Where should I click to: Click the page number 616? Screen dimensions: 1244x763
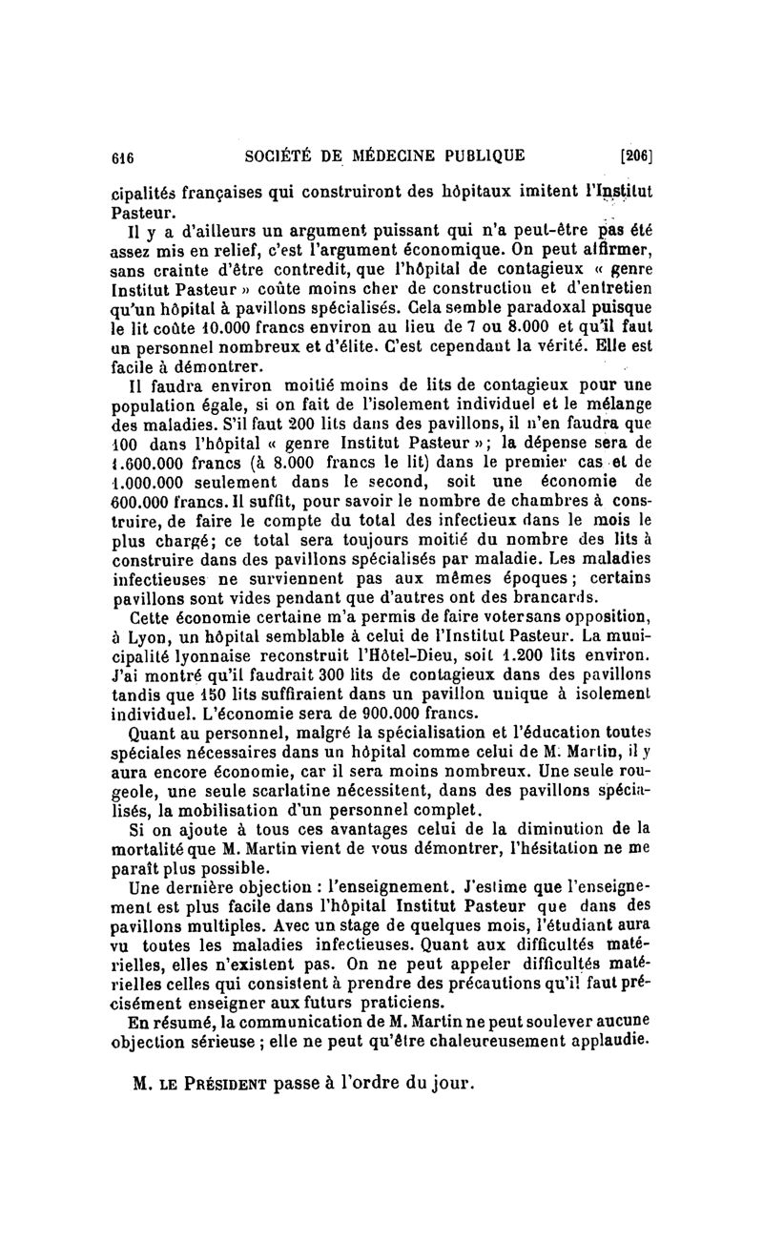[125, 156]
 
